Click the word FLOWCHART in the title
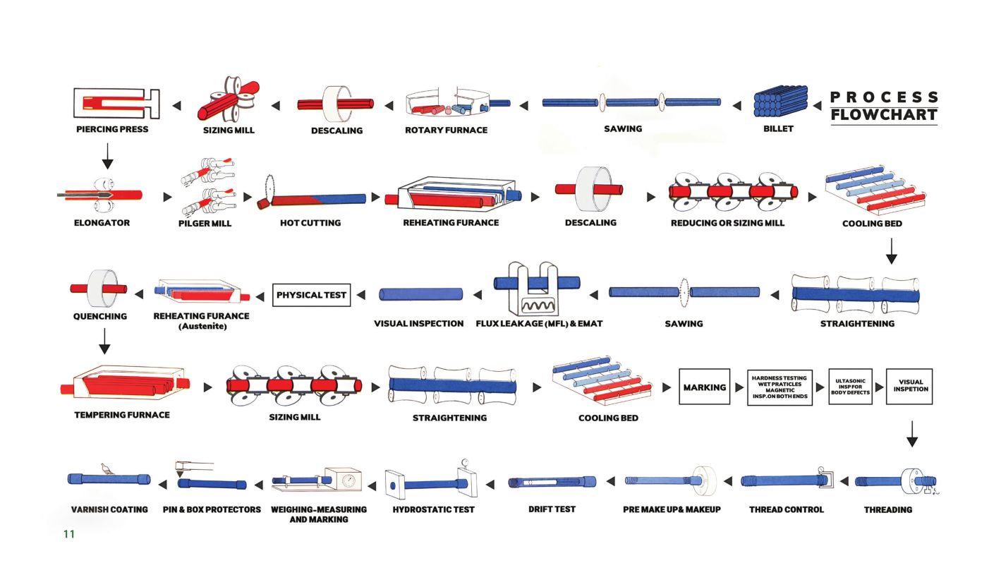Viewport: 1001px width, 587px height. (x=883, y=114)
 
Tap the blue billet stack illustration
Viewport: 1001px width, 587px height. (x=780, y=101)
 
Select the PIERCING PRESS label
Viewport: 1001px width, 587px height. (x=112, y=129)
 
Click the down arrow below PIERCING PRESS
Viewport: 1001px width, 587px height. (x=107, y=156)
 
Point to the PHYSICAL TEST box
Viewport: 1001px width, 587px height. (x=312, y=295)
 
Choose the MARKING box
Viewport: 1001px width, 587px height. (x=704, y=387)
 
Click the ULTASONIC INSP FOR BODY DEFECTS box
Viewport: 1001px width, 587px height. (x=851, y=387)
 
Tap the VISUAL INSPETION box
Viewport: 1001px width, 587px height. (x=909, y=387)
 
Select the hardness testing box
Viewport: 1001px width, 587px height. (x=779, y=387)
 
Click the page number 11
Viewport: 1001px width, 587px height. (x=69, y=534)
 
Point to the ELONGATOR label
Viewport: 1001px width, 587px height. (x=102, y=223)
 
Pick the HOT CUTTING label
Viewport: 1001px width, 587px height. (x=310, y=223)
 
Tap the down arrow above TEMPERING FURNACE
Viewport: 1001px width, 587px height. (x=104, y=341)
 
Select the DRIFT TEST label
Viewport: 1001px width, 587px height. (x=552, y=509)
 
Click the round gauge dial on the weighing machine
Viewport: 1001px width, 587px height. (x=348, y=481)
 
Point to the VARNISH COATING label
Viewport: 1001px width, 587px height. (x=109, y=509)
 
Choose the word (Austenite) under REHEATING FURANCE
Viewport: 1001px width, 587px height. (x=202, y=327)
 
